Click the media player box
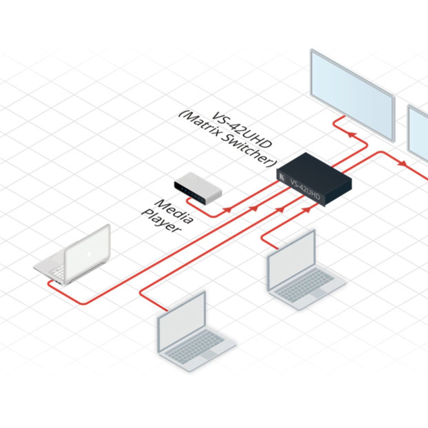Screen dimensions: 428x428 coord(198,189)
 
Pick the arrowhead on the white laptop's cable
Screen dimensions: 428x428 coord(254,208)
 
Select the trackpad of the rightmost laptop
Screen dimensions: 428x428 coord(318,293)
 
